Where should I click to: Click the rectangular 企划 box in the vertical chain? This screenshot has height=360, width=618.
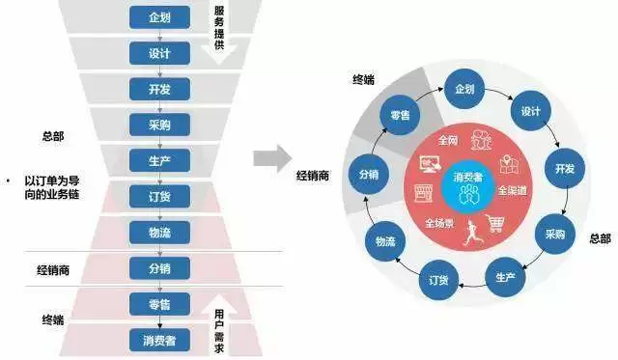coord(160,18)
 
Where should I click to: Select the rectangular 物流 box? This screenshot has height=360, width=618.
coord(160,232)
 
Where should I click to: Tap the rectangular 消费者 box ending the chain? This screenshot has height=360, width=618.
coord(160,339)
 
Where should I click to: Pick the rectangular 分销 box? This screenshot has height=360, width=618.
coord(160,267)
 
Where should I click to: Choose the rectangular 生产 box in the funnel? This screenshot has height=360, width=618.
coord(160,160)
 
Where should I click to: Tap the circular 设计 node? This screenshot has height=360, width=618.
coord(528,111)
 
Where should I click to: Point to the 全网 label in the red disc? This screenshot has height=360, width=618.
coord(447,141)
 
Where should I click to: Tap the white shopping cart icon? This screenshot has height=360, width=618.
coord(496,223)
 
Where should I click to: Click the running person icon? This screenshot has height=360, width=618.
coord(473,231)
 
